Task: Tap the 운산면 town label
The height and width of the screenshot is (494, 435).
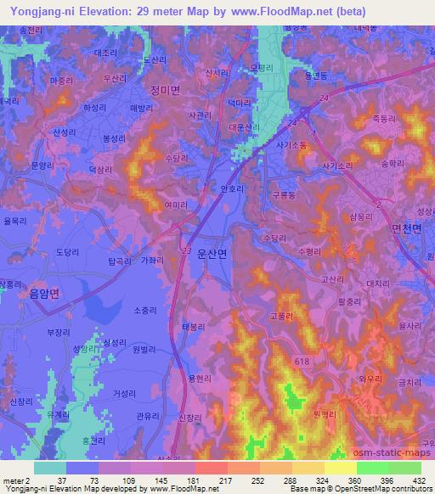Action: [x=212, y=254]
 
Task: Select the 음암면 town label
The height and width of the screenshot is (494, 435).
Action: [x=44, y=293]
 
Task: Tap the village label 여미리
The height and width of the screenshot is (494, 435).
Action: [x=176, y=205]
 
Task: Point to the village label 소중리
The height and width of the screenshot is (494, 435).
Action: [x=122, y=311]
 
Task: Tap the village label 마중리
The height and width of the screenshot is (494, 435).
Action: [x=62, y=81]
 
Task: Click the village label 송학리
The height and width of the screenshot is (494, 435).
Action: [x=393, y=162]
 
